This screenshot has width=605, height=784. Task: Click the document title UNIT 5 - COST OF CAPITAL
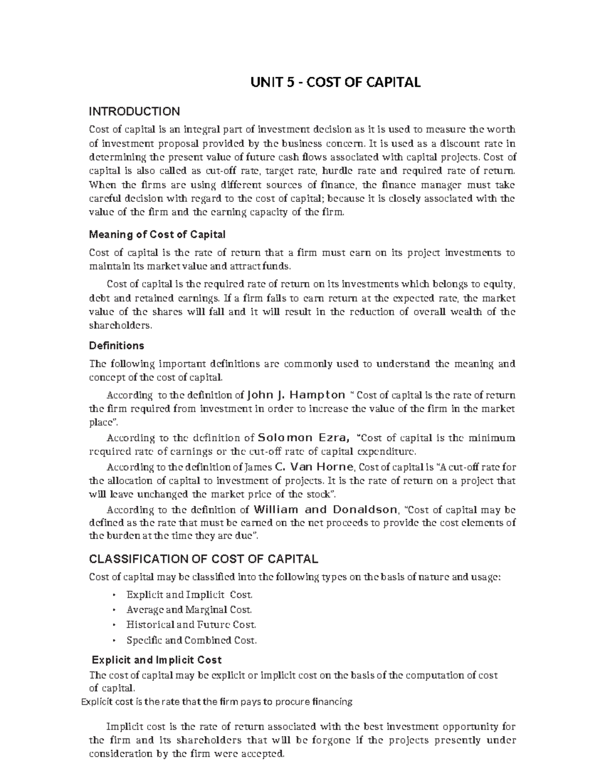(336, 82)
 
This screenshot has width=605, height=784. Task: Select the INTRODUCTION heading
(134, 112)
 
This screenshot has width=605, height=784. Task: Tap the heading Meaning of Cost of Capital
(157, 235)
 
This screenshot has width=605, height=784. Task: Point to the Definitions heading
(116, 346)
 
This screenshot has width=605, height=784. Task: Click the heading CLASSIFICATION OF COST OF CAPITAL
(203, 559)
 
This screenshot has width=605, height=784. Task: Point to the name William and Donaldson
(326, 509)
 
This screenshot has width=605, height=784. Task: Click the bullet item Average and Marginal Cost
(189, 609)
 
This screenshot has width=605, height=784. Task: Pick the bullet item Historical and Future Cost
(191, 625)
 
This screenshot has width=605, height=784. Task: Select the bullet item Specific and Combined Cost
(192, 641)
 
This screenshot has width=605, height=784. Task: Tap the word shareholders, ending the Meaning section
(119, 326)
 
